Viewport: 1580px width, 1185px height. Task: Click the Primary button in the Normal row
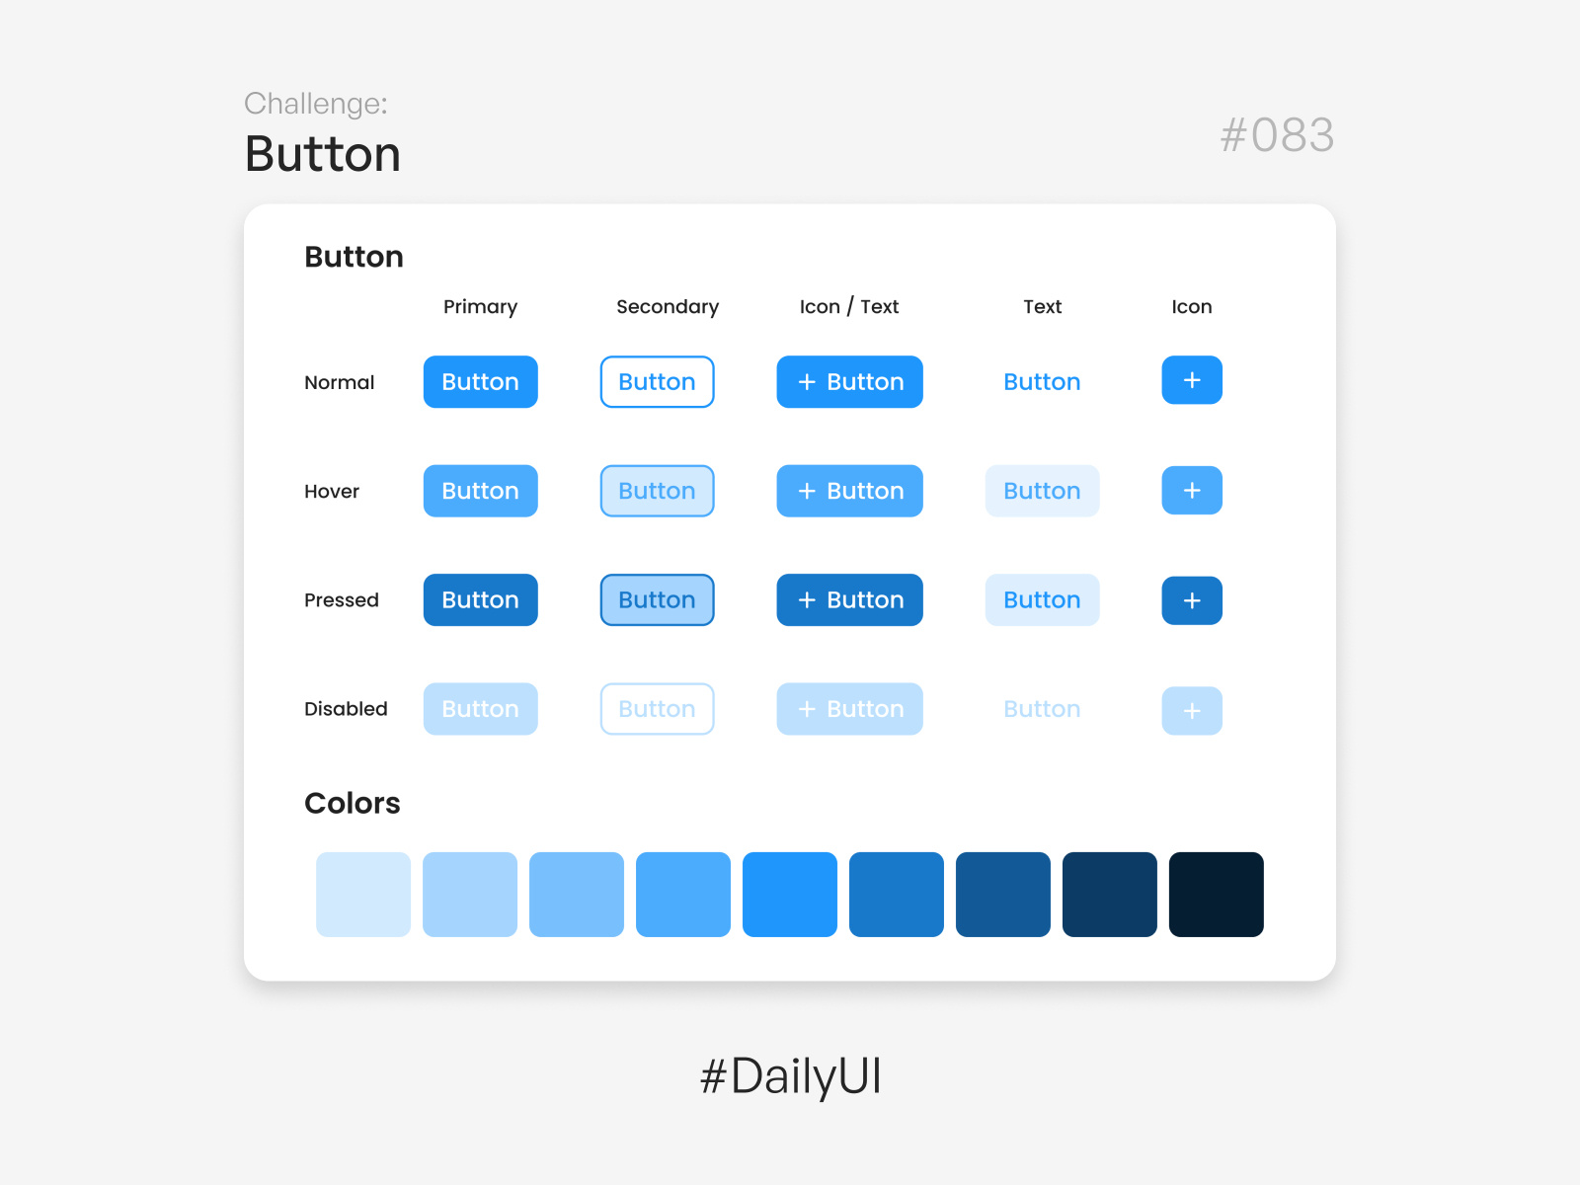click(480, 382)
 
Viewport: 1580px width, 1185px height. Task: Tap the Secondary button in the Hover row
click(657, 491)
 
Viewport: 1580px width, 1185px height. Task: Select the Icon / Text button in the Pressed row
click(849, 599)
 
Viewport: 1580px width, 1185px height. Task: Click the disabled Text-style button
click(1042, 709)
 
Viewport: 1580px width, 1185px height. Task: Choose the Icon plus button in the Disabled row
click(1191, 710)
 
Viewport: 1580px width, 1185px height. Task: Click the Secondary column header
click(668, 307)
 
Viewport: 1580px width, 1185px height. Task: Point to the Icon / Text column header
click(849, 307)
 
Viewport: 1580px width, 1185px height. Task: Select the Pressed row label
click(341, 600)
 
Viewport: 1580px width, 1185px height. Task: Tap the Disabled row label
click(346, 709)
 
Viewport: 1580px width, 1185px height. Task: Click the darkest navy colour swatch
click(1216, 894)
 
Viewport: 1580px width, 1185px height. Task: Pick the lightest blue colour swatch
click(363, 894)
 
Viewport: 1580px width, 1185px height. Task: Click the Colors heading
click(353, 803)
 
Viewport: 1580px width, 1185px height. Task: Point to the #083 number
click(1277, 135)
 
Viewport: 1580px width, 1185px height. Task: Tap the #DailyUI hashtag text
click(790, 1076)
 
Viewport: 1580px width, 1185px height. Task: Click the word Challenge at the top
click(315, 104)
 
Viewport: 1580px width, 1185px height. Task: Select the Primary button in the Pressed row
click(480, 599)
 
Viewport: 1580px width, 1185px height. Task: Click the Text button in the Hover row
click(1042, 491)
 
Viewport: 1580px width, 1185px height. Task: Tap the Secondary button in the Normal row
click(657, 382)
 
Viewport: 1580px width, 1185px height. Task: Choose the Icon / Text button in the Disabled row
click(849, 709)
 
